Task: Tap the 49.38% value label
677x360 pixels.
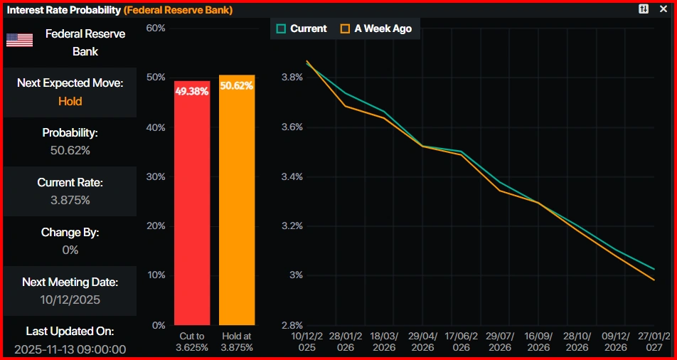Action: (x=192, y=91)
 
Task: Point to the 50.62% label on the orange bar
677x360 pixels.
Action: (x=237, y=85)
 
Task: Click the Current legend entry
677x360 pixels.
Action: (x=302, y=28)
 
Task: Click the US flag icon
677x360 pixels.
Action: (x=19, y=40)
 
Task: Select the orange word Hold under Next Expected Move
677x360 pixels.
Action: (x=70, y=101)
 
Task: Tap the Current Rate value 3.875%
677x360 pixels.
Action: (x=70, y=200)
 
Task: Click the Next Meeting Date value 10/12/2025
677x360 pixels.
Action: (x=70, y=300)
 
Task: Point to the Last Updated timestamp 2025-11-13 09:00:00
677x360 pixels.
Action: (x=70, y=349)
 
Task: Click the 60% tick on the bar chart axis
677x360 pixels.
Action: (x=155, y=28)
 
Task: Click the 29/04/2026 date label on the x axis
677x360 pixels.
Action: (x=422, y=342)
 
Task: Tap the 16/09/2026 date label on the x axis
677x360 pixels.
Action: (x=538, y=342)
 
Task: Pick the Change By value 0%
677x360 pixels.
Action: (x=70, y=250)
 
